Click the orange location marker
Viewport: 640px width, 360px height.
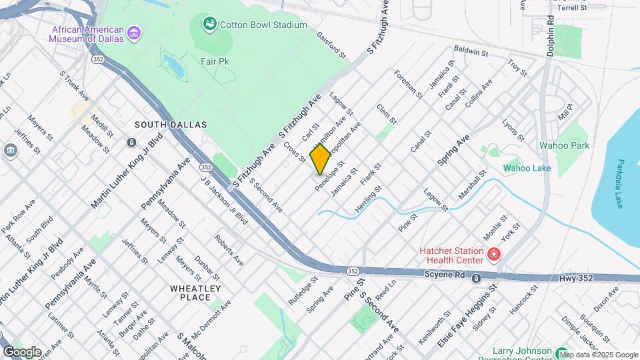pyautogui.click(x=321, y=159)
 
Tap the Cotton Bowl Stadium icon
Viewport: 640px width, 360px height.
pyautogui.click(x=210, y=25)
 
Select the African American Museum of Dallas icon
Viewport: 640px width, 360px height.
pyautogui.click(x=134, y=32)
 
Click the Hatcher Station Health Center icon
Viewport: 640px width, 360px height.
pyautogui.click(x=493, y=254)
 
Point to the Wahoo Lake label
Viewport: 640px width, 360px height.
pyautogui.click(x=527, y=168)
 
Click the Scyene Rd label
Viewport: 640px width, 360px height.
pyautogui.click(x=445, y=275)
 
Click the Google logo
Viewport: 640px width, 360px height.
pyautogui.click(x=22, y=351)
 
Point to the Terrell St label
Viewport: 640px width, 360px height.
pyautogui.click(x=571, y=7)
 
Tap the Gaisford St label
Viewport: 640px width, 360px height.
pyautogui.click(x=331, y=45)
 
